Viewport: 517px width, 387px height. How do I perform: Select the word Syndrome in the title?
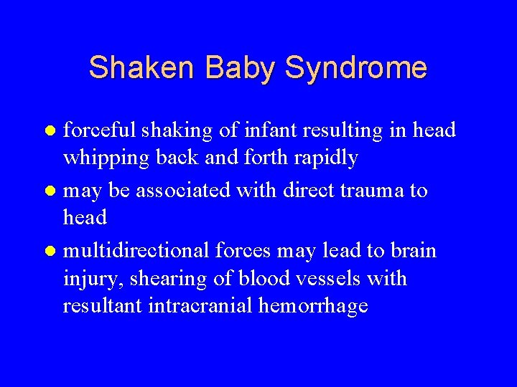coord(356,68)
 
